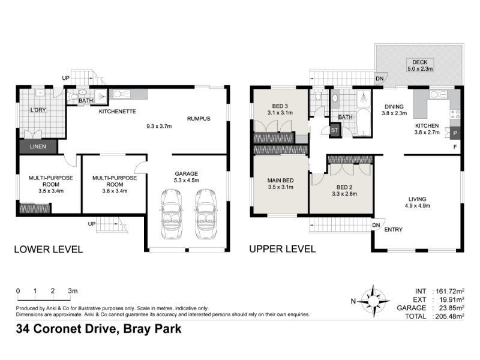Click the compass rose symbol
373,301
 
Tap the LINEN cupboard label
38,146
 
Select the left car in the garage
171,214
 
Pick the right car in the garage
206,214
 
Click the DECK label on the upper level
419,62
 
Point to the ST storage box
335,130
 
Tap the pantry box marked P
455,133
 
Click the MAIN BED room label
281,181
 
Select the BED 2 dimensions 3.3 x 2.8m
344,194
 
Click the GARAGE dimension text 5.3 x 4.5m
187,181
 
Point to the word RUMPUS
199,119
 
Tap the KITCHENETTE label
117,112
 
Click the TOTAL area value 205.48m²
448,316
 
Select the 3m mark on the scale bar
73,291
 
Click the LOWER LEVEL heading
49,249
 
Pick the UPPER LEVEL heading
283,249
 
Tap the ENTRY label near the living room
394,230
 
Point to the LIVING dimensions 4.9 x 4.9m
418,206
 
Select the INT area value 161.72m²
448,291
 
